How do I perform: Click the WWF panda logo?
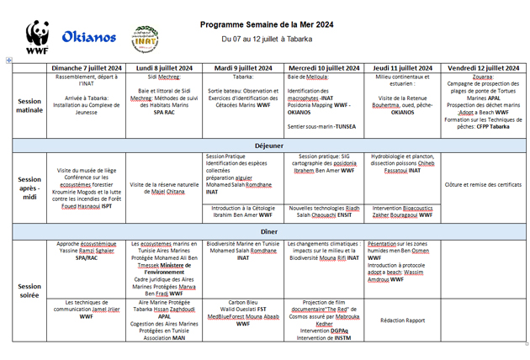pyautogui.click(x=37, y=38)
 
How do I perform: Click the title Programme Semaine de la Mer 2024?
pyautogui.click(x=267, y=25)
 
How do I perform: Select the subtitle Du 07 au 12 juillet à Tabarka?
pyautogui.click(x=267, y=39)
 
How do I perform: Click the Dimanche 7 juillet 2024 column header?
pyautogui.click(x=87, y=67)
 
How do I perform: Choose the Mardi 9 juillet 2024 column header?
pyautogui.click(x=243, y=67)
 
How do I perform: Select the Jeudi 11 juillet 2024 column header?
pyautogui.click(x=403, y=67)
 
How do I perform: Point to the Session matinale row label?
pyautogui.click(x=29, y=105)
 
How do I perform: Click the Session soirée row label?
pyautogui.click(x=29, y=290)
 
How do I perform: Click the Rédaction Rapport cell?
pyautogui.click(x=403, y=320)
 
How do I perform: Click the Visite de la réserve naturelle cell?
pyautogui.click(x=164, y=188)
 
